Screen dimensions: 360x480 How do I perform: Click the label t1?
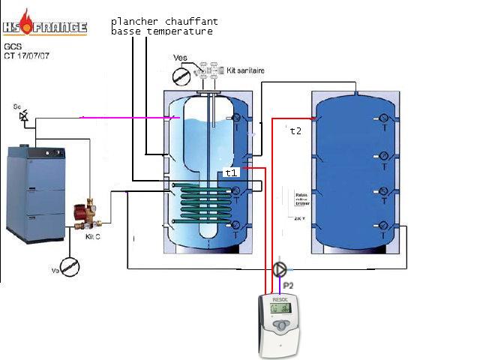pos(232,172)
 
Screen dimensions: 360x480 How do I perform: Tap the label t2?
pos(295,130)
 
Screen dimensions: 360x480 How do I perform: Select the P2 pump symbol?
pos(279,268)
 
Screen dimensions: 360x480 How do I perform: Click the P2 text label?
pos(289,286)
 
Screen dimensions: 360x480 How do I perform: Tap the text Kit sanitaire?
pos(239,70)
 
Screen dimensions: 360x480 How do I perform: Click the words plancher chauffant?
pos(164,21)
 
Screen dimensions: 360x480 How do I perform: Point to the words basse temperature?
pos(161,31)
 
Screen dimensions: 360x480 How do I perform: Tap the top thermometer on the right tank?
pos(383,118)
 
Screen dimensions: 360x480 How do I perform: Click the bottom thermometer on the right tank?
pos(383,225)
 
